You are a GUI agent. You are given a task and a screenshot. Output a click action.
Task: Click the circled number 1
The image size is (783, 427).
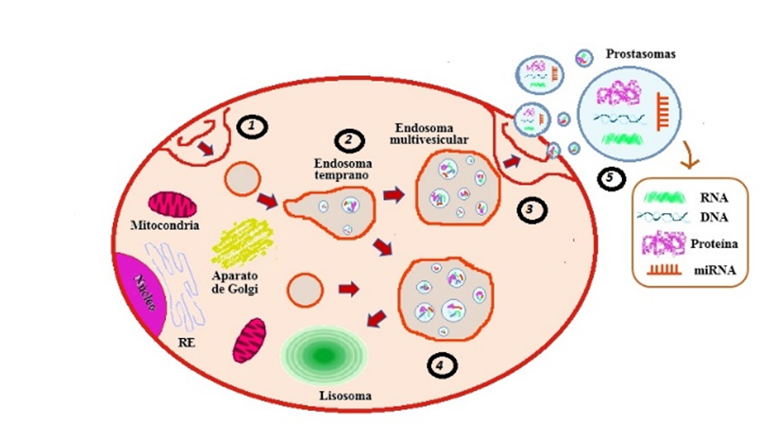point(253,126)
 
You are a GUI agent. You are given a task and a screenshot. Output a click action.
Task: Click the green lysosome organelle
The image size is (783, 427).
point(325,354)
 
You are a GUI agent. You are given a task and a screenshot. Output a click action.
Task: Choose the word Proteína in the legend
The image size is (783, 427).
point(715,246)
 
